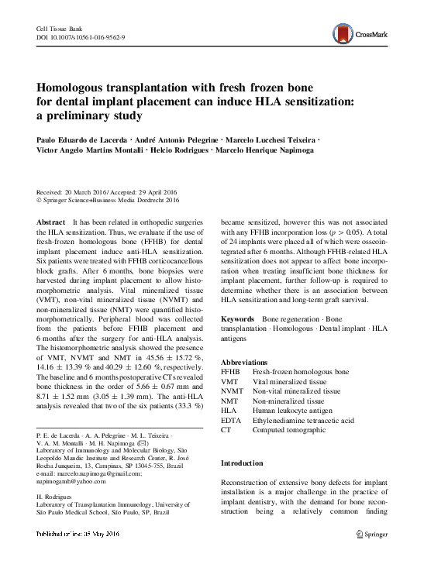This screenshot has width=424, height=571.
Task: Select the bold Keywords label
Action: (x=238, y=318)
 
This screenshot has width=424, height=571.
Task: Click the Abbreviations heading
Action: (x=246, y=363)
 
